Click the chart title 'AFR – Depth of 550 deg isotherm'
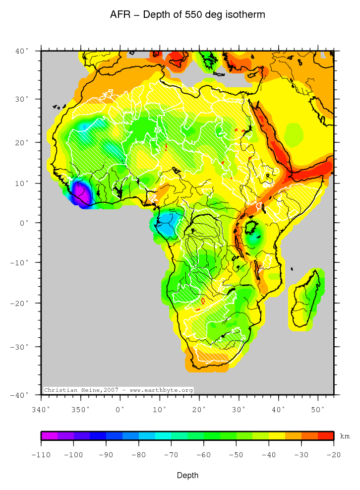point(187,15)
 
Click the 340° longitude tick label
point(41,409)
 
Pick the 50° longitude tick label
point(318,409)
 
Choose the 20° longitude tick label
point(199,409)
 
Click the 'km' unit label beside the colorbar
point(345,436)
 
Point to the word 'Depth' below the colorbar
point(187,476)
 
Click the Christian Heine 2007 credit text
point(118,390)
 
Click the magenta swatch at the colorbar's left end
point(49,436)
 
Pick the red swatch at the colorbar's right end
point(325,436)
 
